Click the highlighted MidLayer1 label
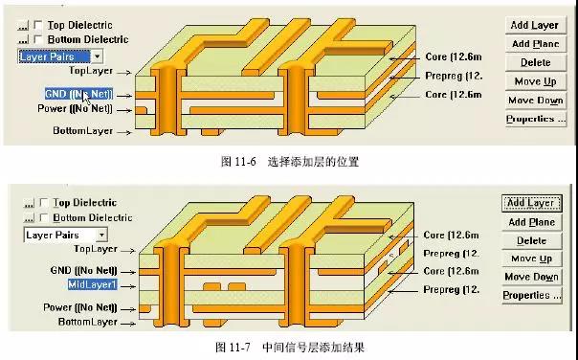point(92,285)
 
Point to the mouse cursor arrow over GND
point(87,98)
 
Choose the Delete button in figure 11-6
point(535,62)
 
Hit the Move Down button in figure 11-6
point(535,100)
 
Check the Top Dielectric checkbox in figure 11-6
point(38,25)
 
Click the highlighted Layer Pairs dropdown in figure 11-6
point(62,56)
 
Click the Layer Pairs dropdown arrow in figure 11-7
point(101,235)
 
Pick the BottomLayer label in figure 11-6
point(83,130)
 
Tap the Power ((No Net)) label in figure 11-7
point(81,307)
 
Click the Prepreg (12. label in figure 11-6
point(450,76)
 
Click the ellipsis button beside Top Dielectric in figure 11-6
point(23,25)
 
